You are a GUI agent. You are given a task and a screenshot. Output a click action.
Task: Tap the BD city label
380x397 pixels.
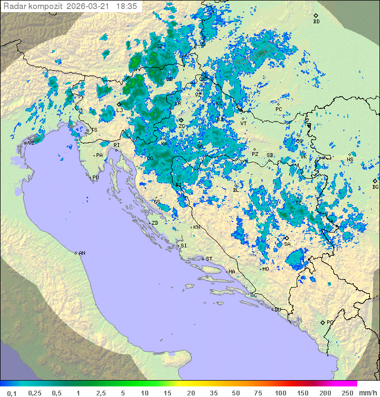tap(316, 22)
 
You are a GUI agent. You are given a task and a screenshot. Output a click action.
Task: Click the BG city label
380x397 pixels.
tap(375, 187)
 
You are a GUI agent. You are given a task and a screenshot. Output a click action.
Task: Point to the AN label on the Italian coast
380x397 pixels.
tap(82, 253)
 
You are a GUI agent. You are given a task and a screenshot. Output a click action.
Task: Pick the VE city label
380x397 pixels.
tap(31, 143)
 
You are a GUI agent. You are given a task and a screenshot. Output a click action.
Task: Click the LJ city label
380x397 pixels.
tap(120, 110)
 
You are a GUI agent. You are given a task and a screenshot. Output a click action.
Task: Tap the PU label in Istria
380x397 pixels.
tap(96, 178)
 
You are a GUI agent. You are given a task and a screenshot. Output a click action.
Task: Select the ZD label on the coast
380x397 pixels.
tap(155, 223)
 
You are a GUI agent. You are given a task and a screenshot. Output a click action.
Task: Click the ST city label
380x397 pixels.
tap(209, 258)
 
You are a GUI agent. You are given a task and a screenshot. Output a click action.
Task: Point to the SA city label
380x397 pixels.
tap(287, 244)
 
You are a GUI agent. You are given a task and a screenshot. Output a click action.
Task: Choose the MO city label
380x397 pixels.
tap(266, 269)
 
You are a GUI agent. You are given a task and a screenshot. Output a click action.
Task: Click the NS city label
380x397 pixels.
tap(350, 159)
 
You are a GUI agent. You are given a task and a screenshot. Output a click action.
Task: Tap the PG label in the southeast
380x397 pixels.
tap(330, 322)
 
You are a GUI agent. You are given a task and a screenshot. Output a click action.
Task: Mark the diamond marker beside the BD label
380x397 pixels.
tap(316, 16)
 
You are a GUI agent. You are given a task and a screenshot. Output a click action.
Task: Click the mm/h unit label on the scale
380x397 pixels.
tap(367, 393)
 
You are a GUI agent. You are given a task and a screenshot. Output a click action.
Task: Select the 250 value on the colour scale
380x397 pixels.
tap(347, 393)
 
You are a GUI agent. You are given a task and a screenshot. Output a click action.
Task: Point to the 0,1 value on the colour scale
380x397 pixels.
tap(12, 393)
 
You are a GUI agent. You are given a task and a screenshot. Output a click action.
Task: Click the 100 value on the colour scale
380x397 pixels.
tap(280, 393)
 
